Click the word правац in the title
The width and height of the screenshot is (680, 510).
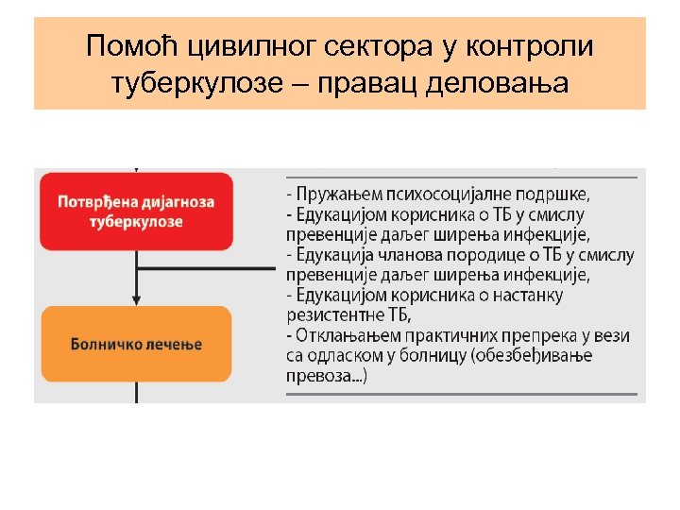[x=364, y=83]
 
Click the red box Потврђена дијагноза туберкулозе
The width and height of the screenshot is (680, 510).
[x=136, y=212]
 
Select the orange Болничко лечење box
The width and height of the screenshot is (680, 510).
[x=136, y=344]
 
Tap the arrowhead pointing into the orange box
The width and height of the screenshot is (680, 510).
[x=136, y=300]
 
